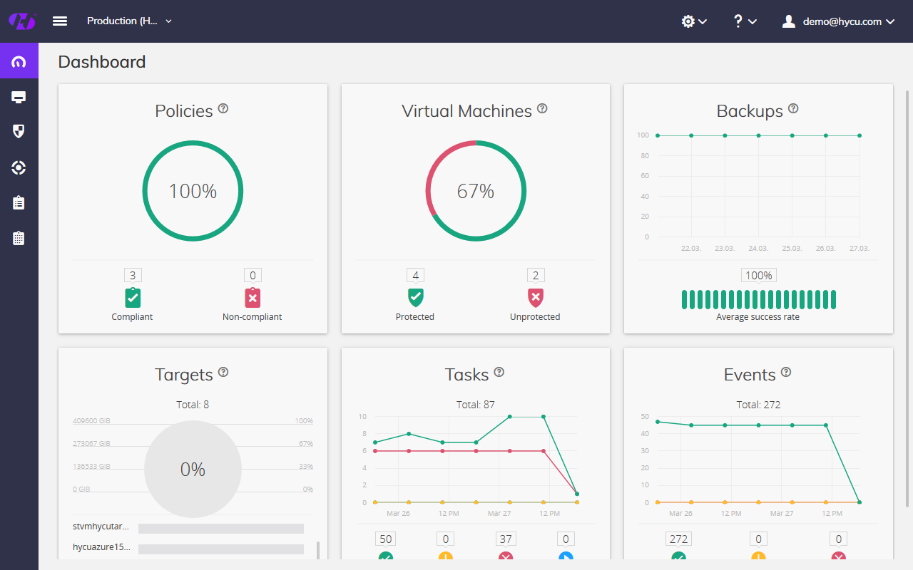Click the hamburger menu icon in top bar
click(x=60, y=21)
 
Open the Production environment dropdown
click(x=129, y=21)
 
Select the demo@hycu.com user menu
click(x=839, y=21)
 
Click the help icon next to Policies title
click(x=223, y=109)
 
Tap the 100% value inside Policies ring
click(x=193, y=192)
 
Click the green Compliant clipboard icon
click(x=133, y=297)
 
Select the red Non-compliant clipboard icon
click(x=253, y=297)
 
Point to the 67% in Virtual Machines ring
click(x=476, y=192)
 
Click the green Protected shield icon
click(x=415, y=297)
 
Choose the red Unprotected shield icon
click(x=536, y=297)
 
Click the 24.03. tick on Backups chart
click(x=758, y=249)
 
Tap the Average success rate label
click(x=758, y=317)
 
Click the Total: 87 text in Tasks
click(x=476, y=405)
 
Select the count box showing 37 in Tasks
click(x=506, y=539)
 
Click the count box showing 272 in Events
click(x=678, y=539)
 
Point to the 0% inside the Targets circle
click(x=193, y=470)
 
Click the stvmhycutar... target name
click(x=101, y=527)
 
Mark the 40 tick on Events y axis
click(x=645, y=433)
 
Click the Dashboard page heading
click(x=102, y=62)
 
